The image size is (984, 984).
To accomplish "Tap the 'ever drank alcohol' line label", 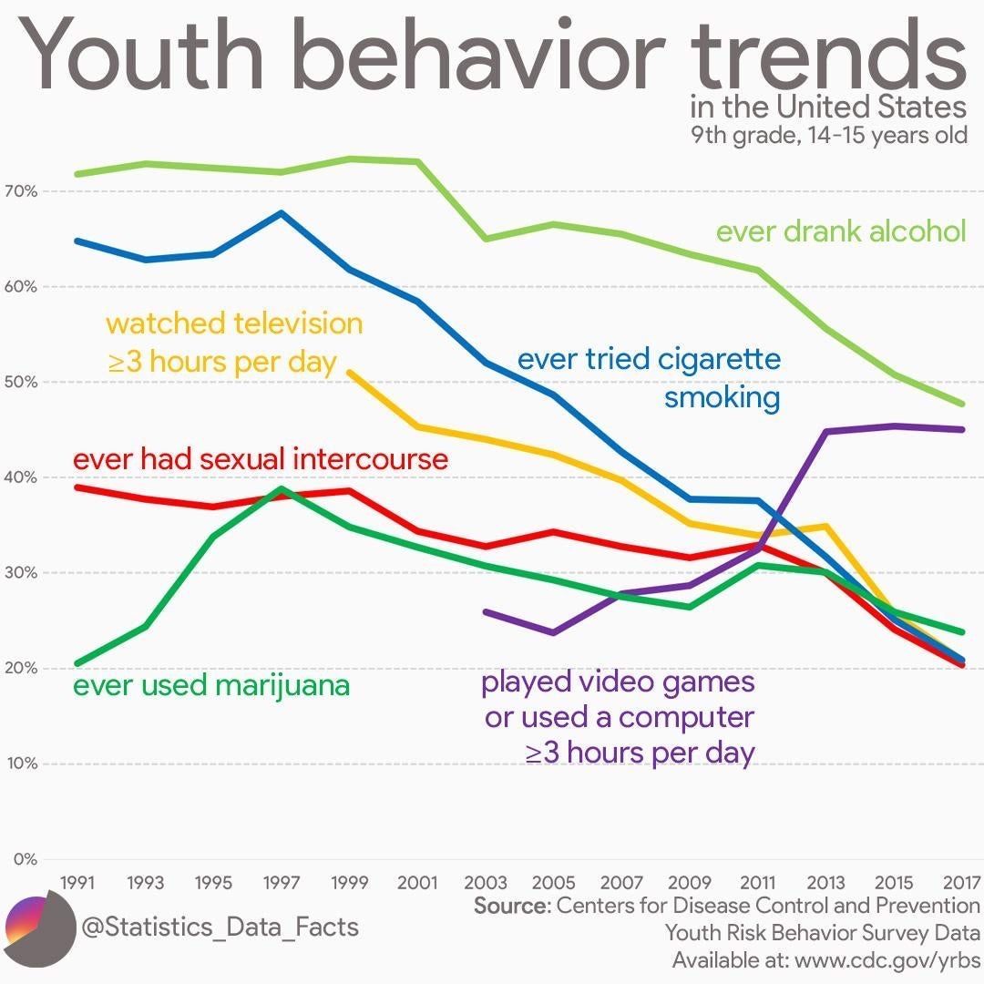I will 840,231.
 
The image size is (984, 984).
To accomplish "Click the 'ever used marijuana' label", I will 210,685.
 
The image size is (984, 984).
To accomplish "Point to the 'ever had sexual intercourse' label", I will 261,458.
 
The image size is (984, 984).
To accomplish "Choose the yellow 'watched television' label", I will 234,342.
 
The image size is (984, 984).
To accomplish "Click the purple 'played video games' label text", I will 619,717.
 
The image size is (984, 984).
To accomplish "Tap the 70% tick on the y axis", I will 20,191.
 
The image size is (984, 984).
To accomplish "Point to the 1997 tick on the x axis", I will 282,883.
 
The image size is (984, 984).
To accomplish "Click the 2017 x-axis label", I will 961,883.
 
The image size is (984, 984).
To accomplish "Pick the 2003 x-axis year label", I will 486,883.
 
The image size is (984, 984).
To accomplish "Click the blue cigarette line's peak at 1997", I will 282,213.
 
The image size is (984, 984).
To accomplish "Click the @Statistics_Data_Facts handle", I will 220,928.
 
